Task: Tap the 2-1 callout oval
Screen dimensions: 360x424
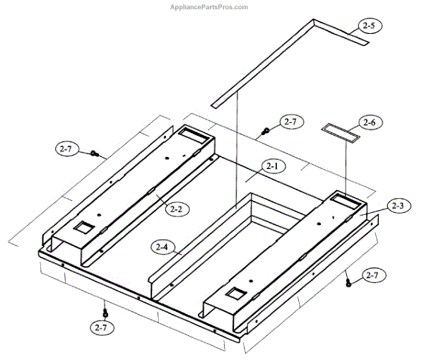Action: pos(272,166)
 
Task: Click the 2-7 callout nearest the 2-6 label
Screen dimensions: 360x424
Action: pos(290,122)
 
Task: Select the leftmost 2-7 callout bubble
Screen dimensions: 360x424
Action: pos(66,149)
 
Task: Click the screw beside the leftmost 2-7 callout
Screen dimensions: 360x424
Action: pos(95,153)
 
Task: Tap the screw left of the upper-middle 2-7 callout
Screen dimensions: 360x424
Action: pos(266,130)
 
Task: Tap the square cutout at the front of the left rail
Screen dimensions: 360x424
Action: pos(83,228)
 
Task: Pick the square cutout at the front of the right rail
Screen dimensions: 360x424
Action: pos(232,292)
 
